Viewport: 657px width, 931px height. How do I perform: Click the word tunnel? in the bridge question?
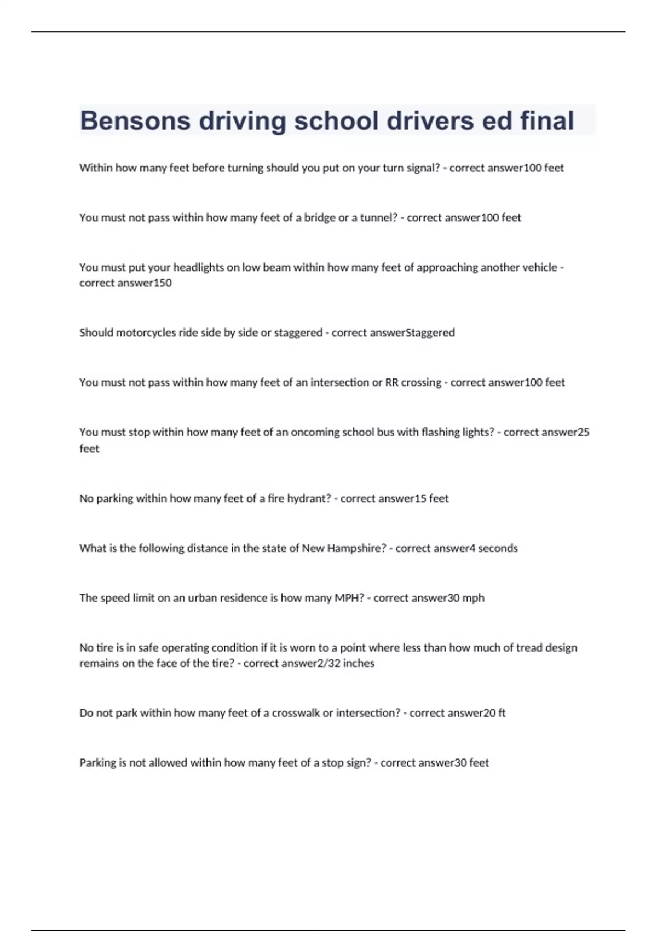(379, 218)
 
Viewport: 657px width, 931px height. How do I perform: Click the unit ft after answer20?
(502, 714)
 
